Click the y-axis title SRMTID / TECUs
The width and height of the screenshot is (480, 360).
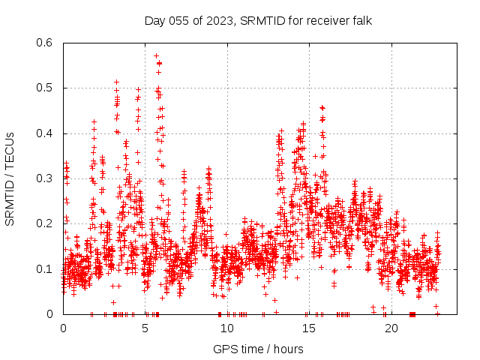(10, 178)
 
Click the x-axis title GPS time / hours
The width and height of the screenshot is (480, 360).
(258, 349)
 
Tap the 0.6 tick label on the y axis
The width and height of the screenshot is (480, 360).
(46, 43)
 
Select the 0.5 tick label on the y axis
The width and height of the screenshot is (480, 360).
(46, 88)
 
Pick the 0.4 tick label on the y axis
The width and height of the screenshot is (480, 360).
(46, 133)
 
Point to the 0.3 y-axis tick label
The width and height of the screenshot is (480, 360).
(46, 178)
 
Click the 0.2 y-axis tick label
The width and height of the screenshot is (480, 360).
(46, 223)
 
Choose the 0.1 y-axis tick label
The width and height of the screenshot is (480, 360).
(46, 268)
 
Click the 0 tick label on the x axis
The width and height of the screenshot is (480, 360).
(63, 328)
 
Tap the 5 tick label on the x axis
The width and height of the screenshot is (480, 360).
(145, 328)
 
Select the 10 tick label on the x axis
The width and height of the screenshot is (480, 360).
(227, 328)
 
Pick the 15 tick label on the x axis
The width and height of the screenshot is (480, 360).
(309, 328)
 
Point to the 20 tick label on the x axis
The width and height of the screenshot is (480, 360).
(391, 328)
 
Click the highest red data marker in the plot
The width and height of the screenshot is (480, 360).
(156, 55)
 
